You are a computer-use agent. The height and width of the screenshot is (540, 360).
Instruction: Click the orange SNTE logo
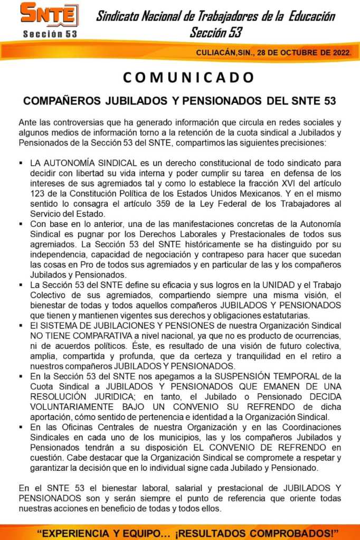49,14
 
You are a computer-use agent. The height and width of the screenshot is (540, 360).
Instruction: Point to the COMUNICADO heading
188,77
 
